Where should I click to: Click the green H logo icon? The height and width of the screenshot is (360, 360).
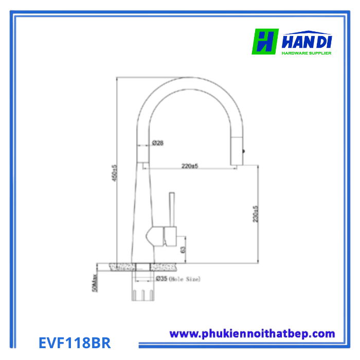coord(265,41)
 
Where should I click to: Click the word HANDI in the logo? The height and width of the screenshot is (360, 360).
coord(307,40)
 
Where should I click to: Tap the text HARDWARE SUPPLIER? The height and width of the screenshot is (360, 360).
coord(306,53)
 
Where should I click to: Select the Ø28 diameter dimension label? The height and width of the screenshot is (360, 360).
coord(157,143)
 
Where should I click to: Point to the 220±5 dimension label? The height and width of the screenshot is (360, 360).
coord(190,166)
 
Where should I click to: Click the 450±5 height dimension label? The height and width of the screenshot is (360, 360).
coord(115,173)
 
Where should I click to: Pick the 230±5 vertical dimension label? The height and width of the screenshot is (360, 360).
coord(255,213)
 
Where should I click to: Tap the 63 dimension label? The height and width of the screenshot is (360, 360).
coord(183,248)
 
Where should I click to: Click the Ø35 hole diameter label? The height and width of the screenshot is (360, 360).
coord(161,279)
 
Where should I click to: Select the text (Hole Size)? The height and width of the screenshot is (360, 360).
coord(186,279)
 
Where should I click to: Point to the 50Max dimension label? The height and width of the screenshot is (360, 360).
coord(95,282)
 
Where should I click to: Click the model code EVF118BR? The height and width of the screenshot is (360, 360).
coord(75,343)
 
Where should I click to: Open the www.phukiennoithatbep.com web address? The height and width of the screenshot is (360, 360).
coord(252,334)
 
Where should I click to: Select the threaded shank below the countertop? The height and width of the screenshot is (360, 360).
coord(142,295)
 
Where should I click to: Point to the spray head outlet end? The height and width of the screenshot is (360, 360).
coord(237,160)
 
